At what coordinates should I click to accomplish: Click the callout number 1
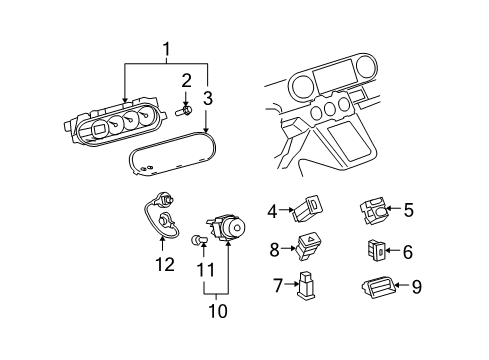[166, 48]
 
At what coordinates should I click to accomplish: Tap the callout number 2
[186, 80]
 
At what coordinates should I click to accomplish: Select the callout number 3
[208, 98]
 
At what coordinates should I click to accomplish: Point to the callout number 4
[272, 211]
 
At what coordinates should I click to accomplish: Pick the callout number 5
[408, 210]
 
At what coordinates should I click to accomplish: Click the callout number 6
[408, 251]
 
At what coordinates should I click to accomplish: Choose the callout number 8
[272, 250]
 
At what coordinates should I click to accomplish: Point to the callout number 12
[165, 265]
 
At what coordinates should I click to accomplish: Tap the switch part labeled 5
[374, 211]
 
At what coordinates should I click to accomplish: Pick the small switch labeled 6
[377, 251]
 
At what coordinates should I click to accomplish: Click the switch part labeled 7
[304, 287]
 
